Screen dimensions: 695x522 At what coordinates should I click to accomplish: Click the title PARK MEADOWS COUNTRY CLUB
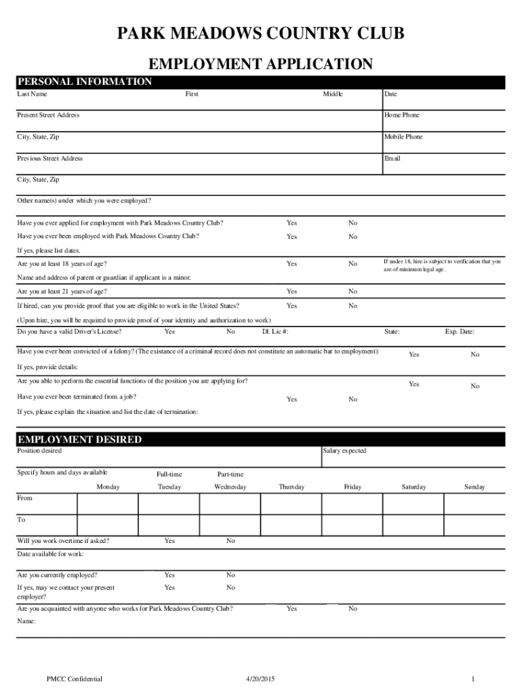tap(260, 34)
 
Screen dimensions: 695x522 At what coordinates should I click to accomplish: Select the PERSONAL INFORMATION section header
tap(85, 82)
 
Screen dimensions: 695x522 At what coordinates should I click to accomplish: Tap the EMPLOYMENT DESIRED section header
tap(79, 440)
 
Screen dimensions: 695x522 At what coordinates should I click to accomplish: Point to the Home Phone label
tap(401, 115)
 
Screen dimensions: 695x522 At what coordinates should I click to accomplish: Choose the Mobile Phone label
tap(403, 137)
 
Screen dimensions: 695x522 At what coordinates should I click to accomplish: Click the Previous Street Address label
tap(49, 159)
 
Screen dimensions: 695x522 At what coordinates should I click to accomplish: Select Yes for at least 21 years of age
tap(292, 291)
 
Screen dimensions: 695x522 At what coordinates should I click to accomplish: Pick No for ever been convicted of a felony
tap(475, 354)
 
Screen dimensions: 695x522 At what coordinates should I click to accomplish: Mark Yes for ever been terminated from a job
tap(292, 399)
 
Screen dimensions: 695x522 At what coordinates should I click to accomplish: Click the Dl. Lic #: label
tap(275, 332)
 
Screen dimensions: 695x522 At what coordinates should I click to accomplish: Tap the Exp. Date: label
tap(459, 332)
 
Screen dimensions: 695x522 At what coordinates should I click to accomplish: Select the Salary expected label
tap(344, 451)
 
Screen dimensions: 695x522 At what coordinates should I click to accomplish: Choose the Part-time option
tap(230, 474)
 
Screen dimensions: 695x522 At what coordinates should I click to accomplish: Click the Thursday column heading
tap(292, 487)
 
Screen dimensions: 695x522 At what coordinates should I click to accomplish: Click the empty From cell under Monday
tap(108, 504)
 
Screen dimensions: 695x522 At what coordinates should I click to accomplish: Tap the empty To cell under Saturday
tap(413, 525)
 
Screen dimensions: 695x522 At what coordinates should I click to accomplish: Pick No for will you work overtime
tap(230, 541)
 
